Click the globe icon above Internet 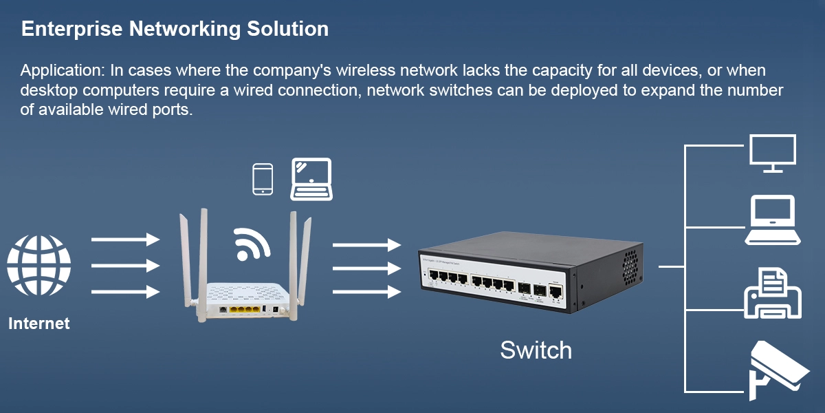pyautogui.click(x=38, y=266)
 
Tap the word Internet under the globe pyautogui.click(x=39, y=323)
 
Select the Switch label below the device pyautogui.click(x=536, y=350)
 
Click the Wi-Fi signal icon pyautogui.click(x=250, y=243)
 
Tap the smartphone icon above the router pyautogui.click(x=263, y=180)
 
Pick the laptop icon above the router pyautogui.click(x=311, y=179)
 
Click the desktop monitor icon pyautogui.click(x=773, y=153)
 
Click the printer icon pyautogui.click(x=773, y=294)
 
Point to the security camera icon pyautogui.click(x=777, y=370)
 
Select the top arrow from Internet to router pyautogui.click(x=125, y=239)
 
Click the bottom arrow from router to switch pyautogui.click(x=366, y=292)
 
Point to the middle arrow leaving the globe pyautogui.click(x=125, y=265)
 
